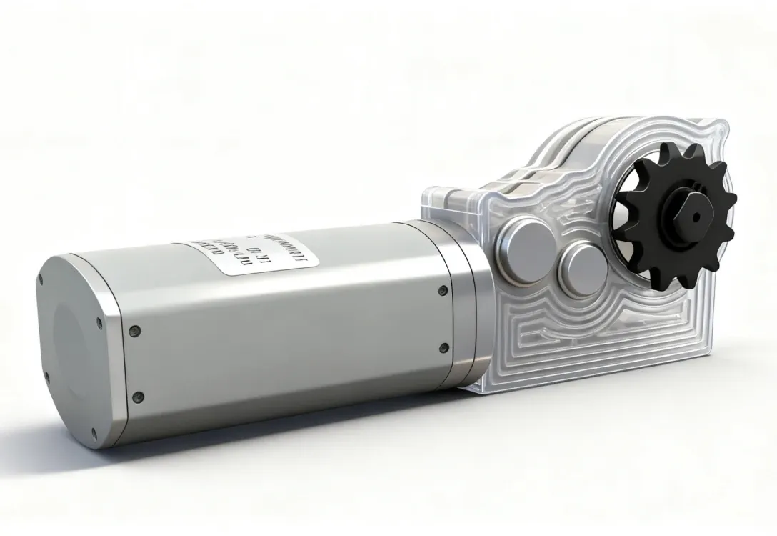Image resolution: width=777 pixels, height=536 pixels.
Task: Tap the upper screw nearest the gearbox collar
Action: pyautogui.click(x=443, y=290)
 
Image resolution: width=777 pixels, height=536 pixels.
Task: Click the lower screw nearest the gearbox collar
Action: pyautogui.click(x=444, y=348)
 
